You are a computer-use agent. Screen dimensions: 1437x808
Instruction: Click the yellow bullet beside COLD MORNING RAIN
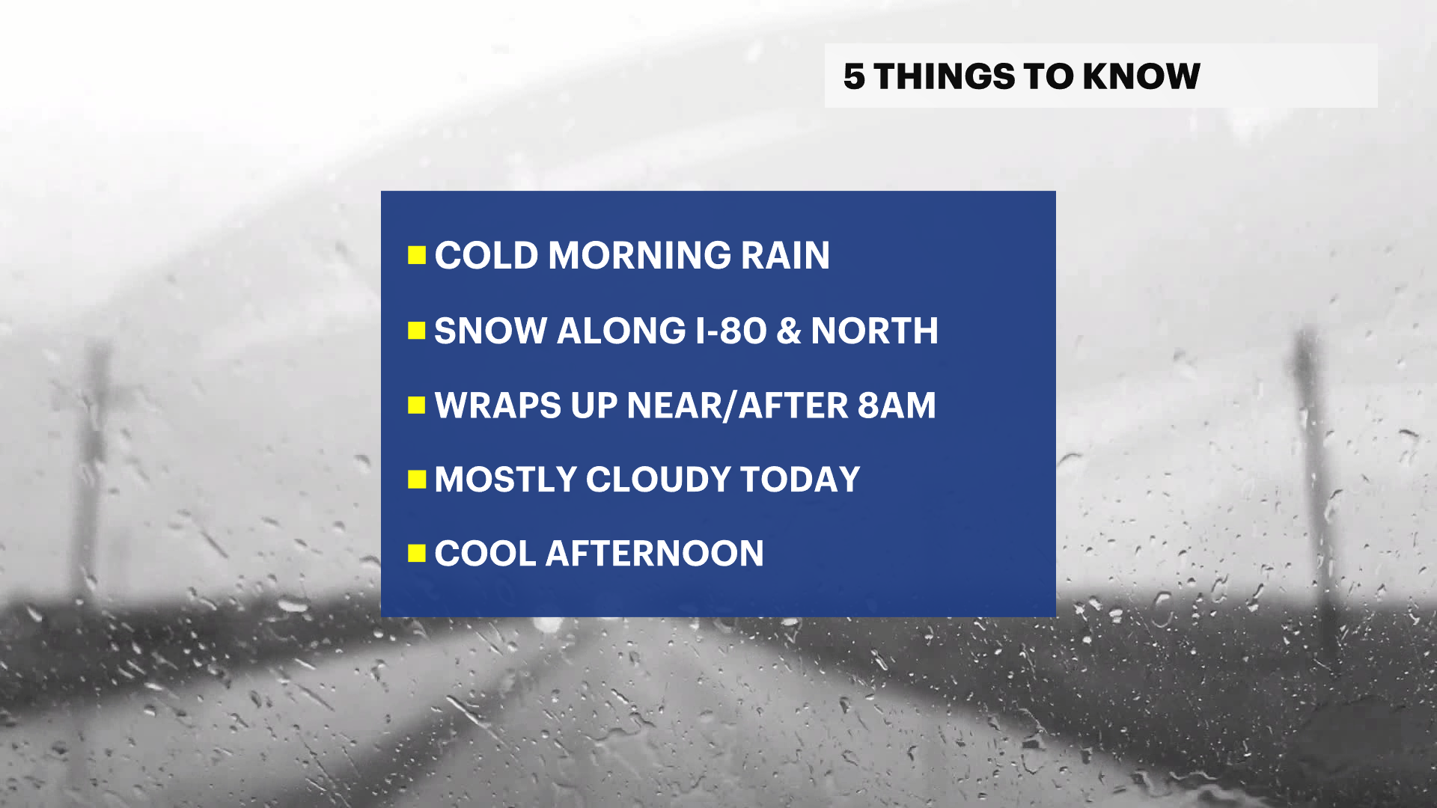(417, 255)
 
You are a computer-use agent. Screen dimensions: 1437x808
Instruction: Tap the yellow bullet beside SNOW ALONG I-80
(417, 331)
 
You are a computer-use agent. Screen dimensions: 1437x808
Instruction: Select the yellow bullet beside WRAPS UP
(417, 405)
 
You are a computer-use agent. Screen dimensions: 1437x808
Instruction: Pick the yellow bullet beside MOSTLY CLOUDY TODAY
(417, 480)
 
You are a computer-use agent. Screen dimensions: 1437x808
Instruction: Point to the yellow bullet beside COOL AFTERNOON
(417, 554)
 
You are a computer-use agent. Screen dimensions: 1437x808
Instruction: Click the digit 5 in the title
(854, 76)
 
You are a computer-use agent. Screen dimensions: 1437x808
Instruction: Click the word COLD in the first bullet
(486, 255)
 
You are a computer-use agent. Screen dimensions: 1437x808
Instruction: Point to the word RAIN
(785, 255)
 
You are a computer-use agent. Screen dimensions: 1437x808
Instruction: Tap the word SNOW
(490, 331)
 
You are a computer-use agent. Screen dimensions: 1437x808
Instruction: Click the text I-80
(731, 331)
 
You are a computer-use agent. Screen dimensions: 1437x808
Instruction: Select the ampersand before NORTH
(789, 331)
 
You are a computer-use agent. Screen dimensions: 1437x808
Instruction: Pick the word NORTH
(874, 331)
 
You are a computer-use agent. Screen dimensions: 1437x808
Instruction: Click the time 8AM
(897, 405)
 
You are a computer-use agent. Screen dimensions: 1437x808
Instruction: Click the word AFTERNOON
(655, 554)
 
